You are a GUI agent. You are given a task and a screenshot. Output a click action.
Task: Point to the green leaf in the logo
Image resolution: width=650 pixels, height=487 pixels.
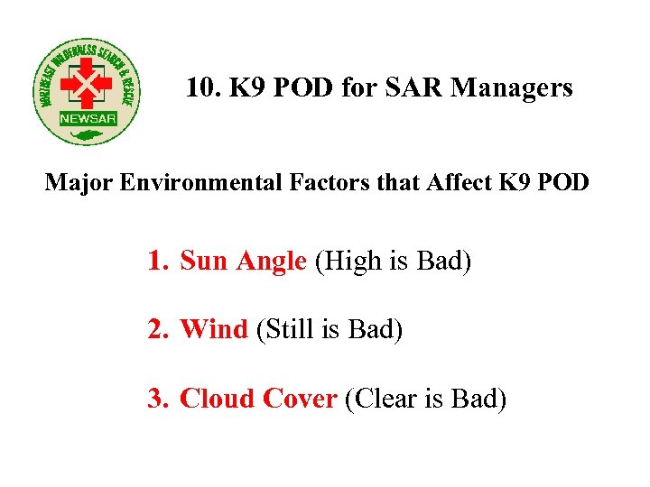pyautogui.click(x=88, y=135)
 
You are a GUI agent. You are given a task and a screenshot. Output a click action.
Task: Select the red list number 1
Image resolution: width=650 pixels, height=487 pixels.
pyautogui.click(x=158, y=262)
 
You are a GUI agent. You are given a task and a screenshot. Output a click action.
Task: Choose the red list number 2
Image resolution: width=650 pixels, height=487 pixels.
pyautogui.click(x=158, y=330)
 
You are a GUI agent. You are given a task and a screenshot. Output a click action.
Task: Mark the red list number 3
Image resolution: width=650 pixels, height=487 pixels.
pyautogui.click(x=158, y=398)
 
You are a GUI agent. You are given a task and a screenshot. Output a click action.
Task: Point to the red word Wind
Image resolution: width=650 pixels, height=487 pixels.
pyautogui.click(x=214, y=330)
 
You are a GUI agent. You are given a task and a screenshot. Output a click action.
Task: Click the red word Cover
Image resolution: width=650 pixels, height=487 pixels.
pyautogui.click(x=300, y=398)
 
